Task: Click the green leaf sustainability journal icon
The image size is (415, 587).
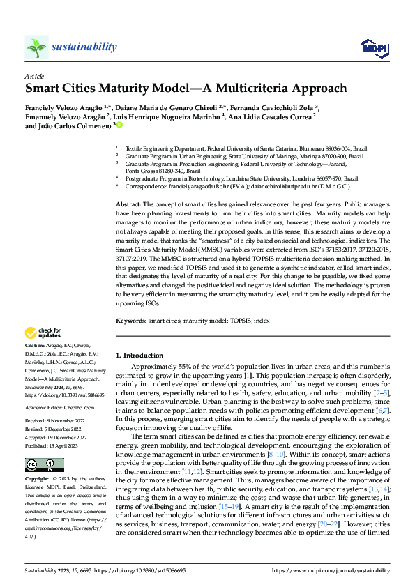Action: pos(36,47)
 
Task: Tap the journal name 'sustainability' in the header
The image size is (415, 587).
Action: pos(83,47)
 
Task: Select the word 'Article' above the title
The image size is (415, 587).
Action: pos(34,75)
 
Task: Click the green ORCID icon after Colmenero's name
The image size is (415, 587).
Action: pos(119,126)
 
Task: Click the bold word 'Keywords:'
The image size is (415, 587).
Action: pos(131,321)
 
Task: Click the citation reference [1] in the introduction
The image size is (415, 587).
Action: pos(247,376)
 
